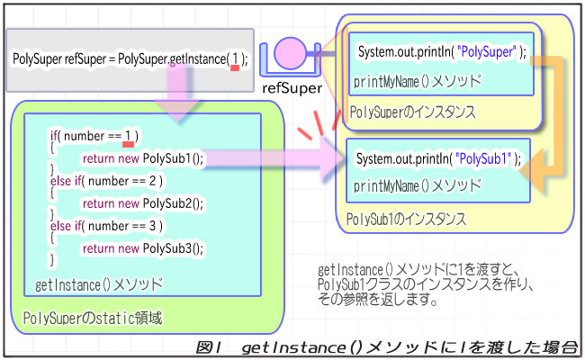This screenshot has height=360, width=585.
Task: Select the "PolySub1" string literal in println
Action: coord(485,158)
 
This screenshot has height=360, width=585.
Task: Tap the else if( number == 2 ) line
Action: coord(94,181)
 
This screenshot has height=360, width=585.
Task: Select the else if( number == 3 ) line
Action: coord(94,226)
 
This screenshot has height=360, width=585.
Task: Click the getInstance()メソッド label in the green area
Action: coord(99,285)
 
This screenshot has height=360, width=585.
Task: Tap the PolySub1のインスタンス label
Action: coord(407,219)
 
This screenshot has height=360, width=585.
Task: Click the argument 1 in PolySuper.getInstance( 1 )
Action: coord(235,59)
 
